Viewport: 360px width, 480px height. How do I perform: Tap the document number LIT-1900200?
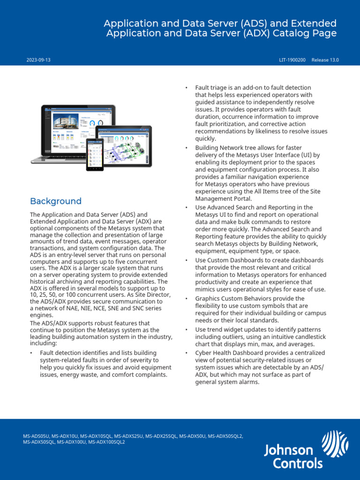[292, 60]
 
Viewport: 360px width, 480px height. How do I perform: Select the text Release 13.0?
[325, 60]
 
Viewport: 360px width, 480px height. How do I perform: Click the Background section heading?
[55, 201]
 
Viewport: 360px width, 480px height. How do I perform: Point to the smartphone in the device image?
[94, 155]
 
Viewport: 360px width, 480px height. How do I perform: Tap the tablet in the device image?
[123, 146]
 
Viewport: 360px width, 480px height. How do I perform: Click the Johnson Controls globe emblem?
[335, 443]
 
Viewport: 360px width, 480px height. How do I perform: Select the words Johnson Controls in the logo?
[293, 457]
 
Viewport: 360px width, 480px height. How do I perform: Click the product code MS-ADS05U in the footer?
[36, 436]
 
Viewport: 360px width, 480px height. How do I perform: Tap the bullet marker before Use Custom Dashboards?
[187, 260]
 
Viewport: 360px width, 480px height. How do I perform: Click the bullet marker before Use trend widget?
[187, 330]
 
